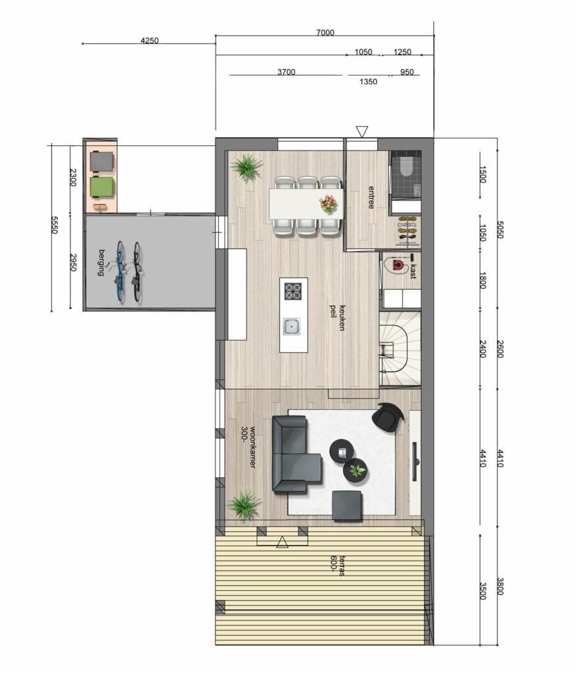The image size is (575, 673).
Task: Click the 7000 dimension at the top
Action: coord(325,33)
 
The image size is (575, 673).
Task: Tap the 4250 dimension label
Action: coord(149,41)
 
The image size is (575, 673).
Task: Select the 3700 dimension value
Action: coord(287,72)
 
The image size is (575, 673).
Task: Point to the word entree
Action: coord(371,197)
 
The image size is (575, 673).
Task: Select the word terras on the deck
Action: coord(342,566)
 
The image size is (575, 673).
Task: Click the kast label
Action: coord(413,271)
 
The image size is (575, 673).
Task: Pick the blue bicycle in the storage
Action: coord(120,272)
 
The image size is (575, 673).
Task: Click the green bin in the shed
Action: coord(102,187)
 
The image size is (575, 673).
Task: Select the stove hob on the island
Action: coord(293,291)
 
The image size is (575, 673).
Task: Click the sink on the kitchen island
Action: coord(292,327)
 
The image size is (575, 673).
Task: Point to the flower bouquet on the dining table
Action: coord(329,203)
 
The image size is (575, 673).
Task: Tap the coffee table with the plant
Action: coord(356,471)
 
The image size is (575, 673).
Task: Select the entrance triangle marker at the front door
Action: coord(362,131)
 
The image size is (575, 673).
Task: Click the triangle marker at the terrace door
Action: coord(282,542)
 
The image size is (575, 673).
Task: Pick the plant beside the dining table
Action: coord(246,167)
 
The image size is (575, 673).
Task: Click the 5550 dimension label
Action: coord(55,225)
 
